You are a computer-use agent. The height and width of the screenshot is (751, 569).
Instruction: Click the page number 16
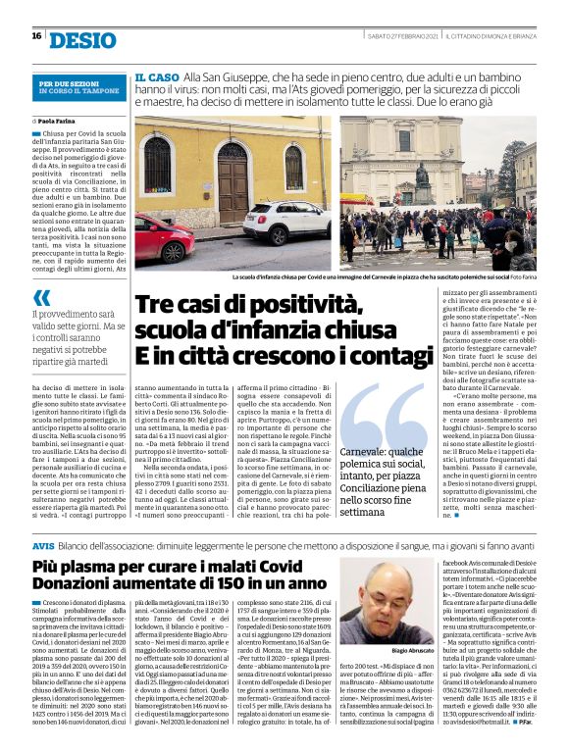click(x=36, y=36)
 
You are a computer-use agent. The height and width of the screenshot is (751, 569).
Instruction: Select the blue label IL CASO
click(x=157, y=76)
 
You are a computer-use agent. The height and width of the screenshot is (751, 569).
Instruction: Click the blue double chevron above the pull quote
click(x=41, y=297)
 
